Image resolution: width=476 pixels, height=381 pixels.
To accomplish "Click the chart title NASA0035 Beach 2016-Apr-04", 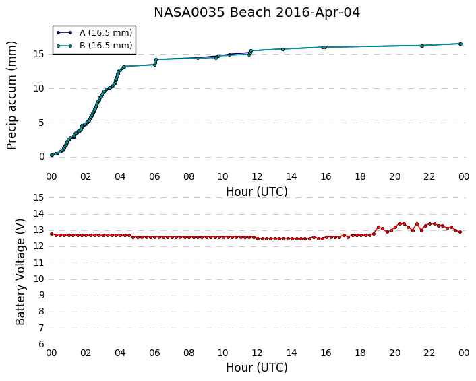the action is (x=257, y=13).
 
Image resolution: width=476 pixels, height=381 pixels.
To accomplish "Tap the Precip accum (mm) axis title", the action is (x=11, y=96).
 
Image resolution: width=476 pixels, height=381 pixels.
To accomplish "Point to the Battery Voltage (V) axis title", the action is (x=20, y=272).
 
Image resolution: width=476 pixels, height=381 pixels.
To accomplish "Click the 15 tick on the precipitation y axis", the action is (x=39, y=55).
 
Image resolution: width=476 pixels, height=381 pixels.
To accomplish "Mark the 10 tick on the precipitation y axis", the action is (x=39, y=88).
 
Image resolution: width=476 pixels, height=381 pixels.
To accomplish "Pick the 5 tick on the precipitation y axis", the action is (x=42, y=123).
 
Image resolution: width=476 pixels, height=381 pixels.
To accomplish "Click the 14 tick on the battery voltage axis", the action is (x=39, y=214).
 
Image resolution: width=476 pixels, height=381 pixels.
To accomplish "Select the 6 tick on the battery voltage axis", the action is (x=42, y=345).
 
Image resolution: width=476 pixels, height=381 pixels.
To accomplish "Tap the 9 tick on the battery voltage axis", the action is (x=42, y=296).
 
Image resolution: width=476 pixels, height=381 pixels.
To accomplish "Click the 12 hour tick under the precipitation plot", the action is (x=257, y=176).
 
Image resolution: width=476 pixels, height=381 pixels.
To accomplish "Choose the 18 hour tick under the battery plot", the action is (x=360, y=353).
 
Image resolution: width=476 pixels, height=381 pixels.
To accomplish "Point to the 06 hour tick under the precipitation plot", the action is (x=154, y=176).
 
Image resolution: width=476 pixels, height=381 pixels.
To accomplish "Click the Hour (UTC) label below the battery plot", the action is (x=257, y=368).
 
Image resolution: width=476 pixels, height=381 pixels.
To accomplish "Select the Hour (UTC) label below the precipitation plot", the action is (x=257, y=192).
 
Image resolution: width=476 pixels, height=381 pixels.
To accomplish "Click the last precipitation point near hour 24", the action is (x=460, y=44).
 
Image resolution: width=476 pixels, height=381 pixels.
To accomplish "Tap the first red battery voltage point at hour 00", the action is (x=52, y=234).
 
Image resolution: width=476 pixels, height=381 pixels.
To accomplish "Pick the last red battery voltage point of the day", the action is (x=460, y=232).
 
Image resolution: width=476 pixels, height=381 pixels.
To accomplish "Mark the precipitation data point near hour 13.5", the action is (x=282, y=49).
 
